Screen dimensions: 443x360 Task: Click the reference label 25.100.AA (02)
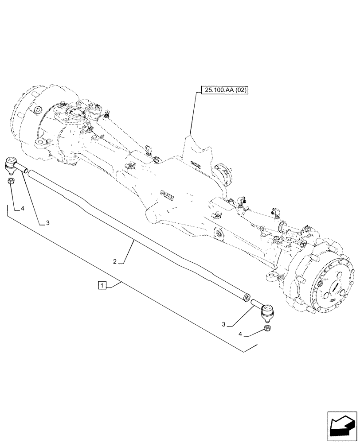coord(226,91)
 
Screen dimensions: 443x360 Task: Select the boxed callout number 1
coord(102,285)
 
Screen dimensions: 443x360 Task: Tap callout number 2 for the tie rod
coord(114,262)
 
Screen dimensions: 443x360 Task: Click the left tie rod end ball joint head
coord(11,165)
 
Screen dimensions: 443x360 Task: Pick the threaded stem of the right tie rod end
coord(257,304)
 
